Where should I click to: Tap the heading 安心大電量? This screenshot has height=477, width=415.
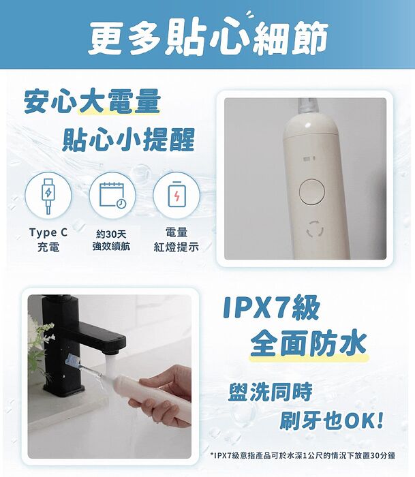[92, 102]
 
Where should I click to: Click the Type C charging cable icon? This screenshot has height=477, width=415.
[47, 194]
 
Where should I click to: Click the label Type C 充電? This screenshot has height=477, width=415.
[48, 240]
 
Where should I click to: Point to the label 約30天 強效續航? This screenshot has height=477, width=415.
[112, 240]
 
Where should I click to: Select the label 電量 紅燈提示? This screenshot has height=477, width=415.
[176, 240]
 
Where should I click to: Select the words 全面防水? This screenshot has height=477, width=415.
[308, 342]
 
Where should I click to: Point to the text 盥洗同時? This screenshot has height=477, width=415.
[271, 392]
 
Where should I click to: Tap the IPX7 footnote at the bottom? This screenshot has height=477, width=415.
[303, 455]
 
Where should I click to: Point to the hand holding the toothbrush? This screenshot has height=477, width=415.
[167, 395]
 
